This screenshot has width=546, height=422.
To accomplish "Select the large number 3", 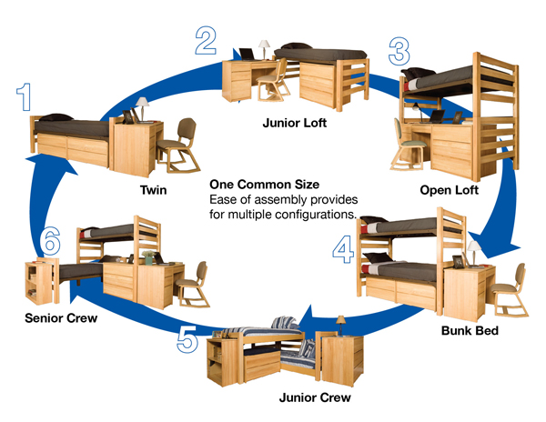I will point(399,52).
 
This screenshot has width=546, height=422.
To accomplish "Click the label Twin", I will point(152,191).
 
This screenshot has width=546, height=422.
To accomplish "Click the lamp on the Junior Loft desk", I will point(264,46).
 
